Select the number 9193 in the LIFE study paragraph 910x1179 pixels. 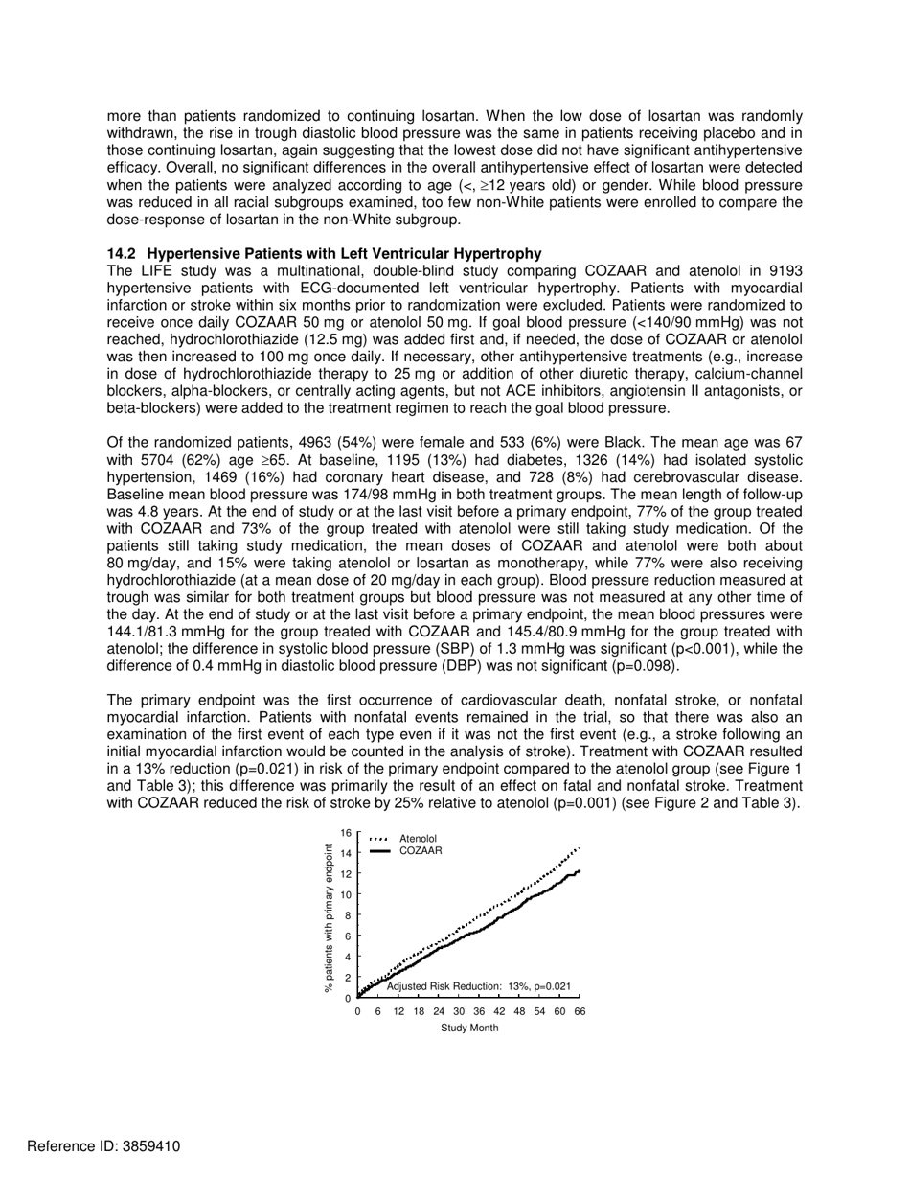pos(783,270)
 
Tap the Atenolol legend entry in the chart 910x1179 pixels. pos(418,839)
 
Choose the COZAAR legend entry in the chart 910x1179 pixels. pos(421,850)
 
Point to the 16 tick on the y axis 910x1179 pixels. pos(346,833)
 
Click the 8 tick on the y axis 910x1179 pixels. pos(349,915)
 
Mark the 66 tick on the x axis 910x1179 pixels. pos(580,1011)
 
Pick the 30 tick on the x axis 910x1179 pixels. pos(459,1011)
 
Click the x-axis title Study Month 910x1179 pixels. pos(469,1029)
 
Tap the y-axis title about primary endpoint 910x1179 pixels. pos(330,918)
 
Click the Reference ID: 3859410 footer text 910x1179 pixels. pos(90,1146)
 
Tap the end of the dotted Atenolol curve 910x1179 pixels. pos(579,848)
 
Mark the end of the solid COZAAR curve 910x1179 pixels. pos(580,870)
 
